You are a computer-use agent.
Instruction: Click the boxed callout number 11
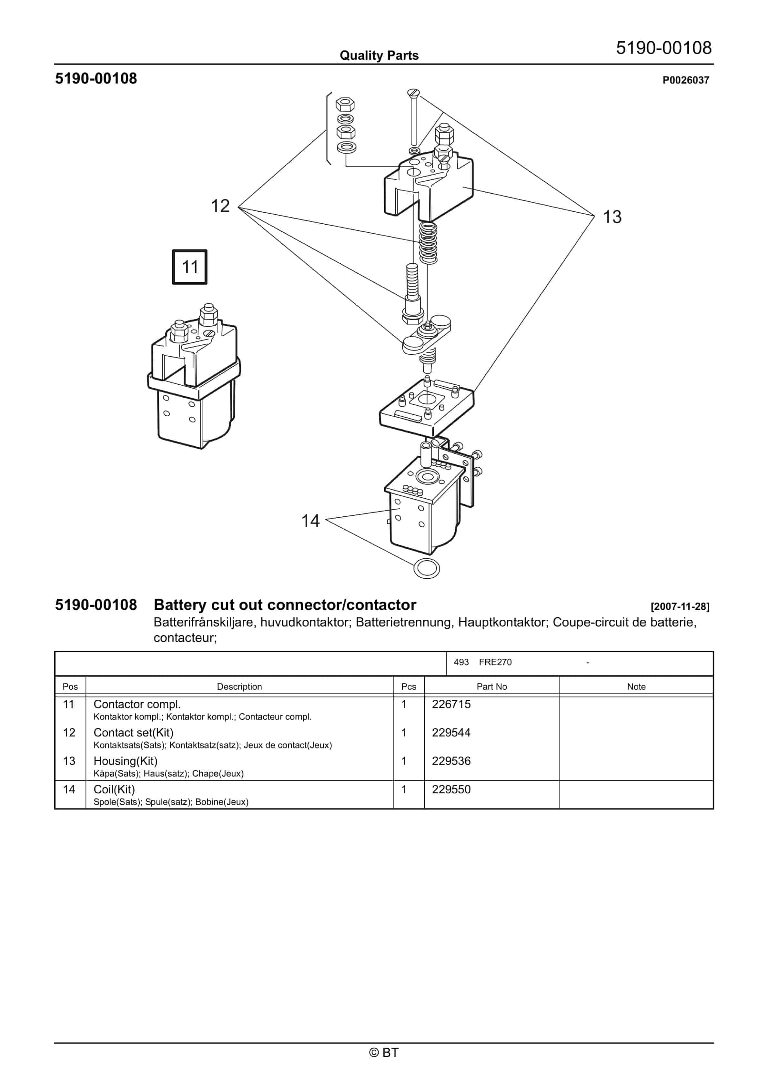[189, 267]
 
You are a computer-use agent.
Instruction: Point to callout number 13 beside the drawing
[612, 217]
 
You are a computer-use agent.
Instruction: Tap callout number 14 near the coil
[311, 521]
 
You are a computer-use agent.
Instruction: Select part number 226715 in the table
[451, 704]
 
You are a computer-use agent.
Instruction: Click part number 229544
[451, 732]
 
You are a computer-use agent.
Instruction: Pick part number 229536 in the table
[451, 761]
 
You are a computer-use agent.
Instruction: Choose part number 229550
[451, 789]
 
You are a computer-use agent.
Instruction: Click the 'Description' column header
[239, 686]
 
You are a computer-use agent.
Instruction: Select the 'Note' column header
[636, 686]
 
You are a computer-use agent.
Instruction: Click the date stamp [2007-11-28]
[680, 606]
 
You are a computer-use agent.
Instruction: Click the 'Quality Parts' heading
[379, 56]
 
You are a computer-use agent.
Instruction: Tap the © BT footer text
[384, 1052]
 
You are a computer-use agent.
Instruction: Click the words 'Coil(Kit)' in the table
[114, 789]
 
